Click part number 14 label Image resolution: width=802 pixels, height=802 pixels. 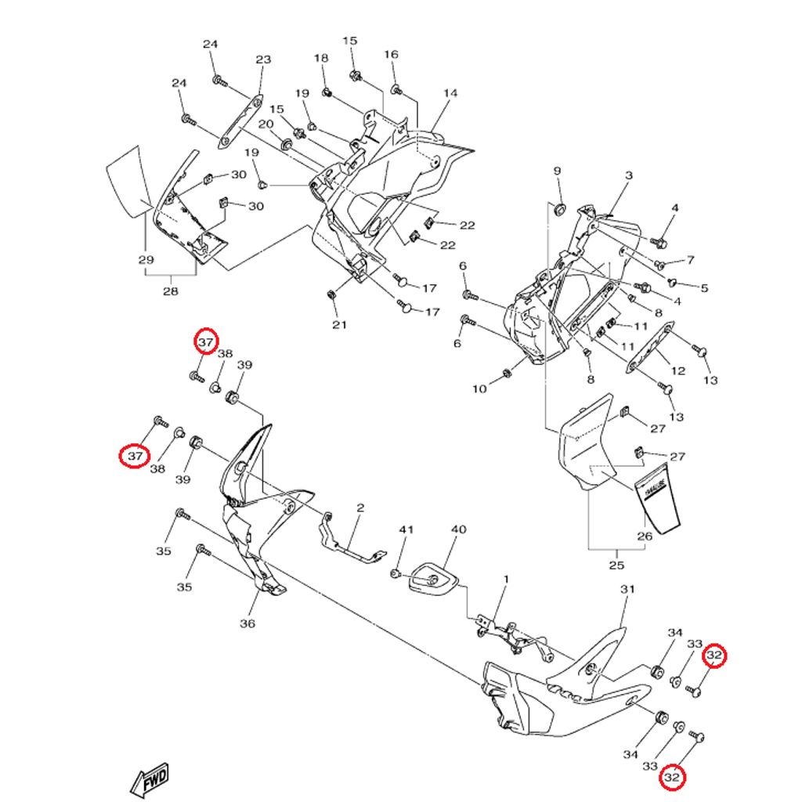450,93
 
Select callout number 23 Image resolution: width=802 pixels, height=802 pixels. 263,60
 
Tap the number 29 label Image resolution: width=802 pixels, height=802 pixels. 146,260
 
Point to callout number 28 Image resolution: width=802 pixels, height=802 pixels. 170,291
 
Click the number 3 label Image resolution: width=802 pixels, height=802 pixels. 628,176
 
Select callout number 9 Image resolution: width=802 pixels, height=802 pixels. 558,171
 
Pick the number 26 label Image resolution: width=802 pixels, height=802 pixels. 645,537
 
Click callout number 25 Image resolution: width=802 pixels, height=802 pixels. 616,565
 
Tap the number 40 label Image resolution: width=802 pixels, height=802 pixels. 458,529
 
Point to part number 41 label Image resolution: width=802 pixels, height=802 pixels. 405,530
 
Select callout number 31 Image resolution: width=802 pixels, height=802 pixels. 627,589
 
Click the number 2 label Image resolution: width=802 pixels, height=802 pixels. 360,508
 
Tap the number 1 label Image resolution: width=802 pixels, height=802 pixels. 506,580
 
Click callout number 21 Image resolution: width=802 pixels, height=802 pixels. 338,325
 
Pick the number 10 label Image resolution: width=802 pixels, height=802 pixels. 479,388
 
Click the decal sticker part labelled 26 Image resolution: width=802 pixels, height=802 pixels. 659,501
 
